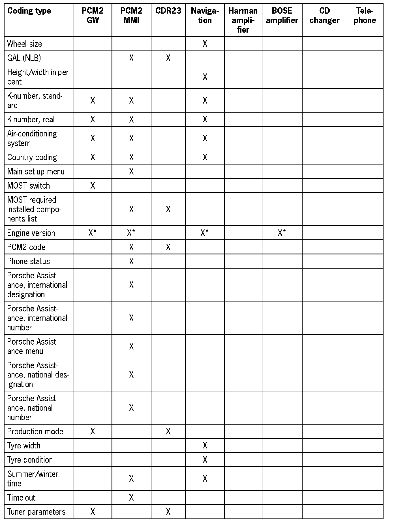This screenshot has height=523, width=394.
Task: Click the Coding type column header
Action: click(x=29, y=11)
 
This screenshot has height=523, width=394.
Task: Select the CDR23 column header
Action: click(x=168, y=11)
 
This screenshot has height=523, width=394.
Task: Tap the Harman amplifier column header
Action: click(x=243, y=20)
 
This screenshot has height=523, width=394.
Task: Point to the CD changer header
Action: click(x=324, y=16)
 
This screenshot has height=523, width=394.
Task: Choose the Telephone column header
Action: click(x=365, y=16)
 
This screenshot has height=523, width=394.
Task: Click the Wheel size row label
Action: click(x=25, y=44)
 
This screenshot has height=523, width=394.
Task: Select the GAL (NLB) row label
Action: click(x=24, y=58)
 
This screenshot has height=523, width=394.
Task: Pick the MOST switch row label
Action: click(x=29, y=186)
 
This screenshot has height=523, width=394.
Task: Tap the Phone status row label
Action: click(x=29, y=261)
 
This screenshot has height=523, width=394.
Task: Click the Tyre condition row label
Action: click(x=30, y=460)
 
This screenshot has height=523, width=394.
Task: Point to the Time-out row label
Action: click(x=22, y=497)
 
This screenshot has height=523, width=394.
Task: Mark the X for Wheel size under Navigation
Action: click(x=205, y=44)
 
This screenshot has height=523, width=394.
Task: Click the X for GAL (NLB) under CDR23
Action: click(x=168, y=58)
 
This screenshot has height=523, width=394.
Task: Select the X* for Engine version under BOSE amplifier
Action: click(x=282, y=233)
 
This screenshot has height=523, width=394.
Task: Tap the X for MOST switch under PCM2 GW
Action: click(x=93, y=186)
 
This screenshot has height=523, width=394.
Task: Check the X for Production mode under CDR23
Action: click(x=168, y=431)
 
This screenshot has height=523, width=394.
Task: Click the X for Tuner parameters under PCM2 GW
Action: click(x=93, y=512)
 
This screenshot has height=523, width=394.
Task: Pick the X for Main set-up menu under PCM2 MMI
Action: click(x=131, y=172)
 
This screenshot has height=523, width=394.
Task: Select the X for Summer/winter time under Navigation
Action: click(x=205, y=479)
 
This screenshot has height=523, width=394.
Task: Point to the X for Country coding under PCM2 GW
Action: click(x=93, y=157)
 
